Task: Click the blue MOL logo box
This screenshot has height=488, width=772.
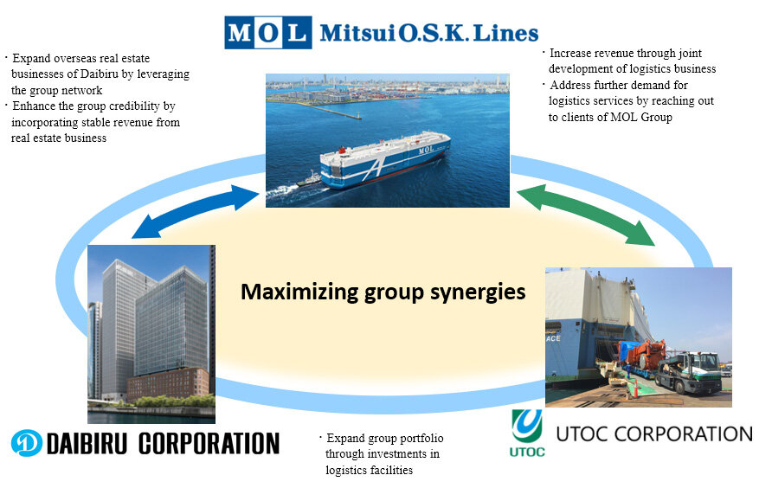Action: [x=267, y=33]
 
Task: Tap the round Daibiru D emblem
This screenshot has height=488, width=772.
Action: [x=27, y=443]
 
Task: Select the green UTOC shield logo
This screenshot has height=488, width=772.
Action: [x=527, y=426]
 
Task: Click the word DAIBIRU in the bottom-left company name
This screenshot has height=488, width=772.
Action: [x=87, y=443]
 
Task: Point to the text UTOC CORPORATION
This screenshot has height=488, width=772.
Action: [x=654, y=434]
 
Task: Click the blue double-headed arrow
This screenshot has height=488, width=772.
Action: [x=196, y=211]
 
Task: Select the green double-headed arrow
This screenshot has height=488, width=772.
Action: [x=585, y=215]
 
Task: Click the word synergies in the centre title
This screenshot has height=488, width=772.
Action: [x=478, y=292]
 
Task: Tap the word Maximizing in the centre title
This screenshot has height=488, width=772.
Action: [x=299, y=292]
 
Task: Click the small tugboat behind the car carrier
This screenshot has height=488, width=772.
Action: [x=308, y=179]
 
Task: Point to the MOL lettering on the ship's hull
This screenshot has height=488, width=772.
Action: [x=427, y=149]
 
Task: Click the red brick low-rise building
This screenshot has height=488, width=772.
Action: [x=168, y=383]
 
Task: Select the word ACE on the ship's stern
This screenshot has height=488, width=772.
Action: [x=553, y=338]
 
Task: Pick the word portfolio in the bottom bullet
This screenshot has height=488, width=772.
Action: [x=421, y=439]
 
